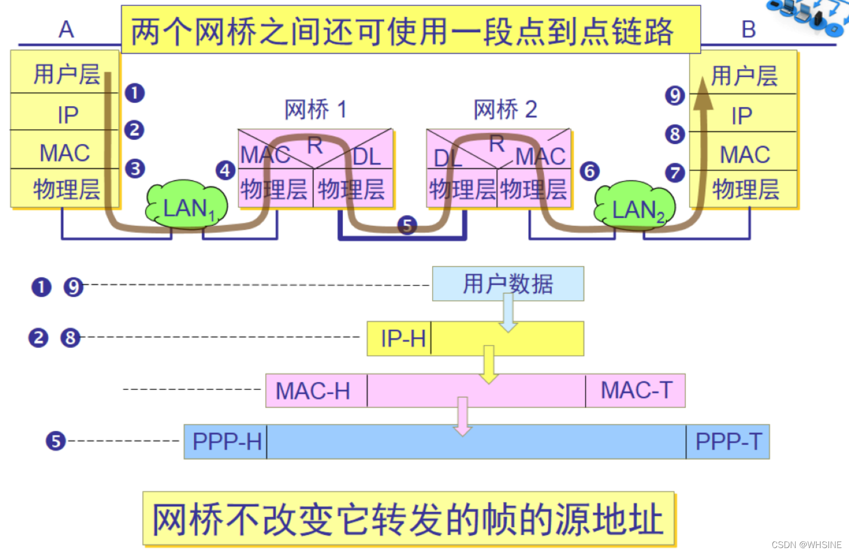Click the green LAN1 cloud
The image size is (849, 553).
[x=187, y=205]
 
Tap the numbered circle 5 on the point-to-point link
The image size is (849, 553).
[x=407, y=225]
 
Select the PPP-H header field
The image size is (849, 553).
[x=226, y=442]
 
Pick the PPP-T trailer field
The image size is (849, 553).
[x=728, y=442]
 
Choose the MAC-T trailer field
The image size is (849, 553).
[x=636, y=390]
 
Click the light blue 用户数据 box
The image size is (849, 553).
[x=508, y=284]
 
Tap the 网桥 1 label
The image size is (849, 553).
[x=316, y=109]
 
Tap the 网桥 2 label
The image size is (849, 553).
[x=505, y=109]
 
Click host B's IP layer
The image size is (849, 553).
[x=742, y=116]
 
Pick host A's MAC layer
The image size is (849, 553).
[x=65, y=152]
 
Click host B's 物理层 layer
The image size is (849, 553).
[x=745, y=189]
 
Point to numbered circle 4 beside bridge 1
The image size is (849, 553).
[x=225, y=171]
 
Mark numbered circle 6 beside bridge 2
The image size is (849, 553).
[x=589, y=172]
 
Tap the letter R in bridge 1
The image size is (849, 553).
[x=315, y=145]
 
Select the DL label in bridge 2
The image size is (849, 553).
[x=447, y=158]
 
